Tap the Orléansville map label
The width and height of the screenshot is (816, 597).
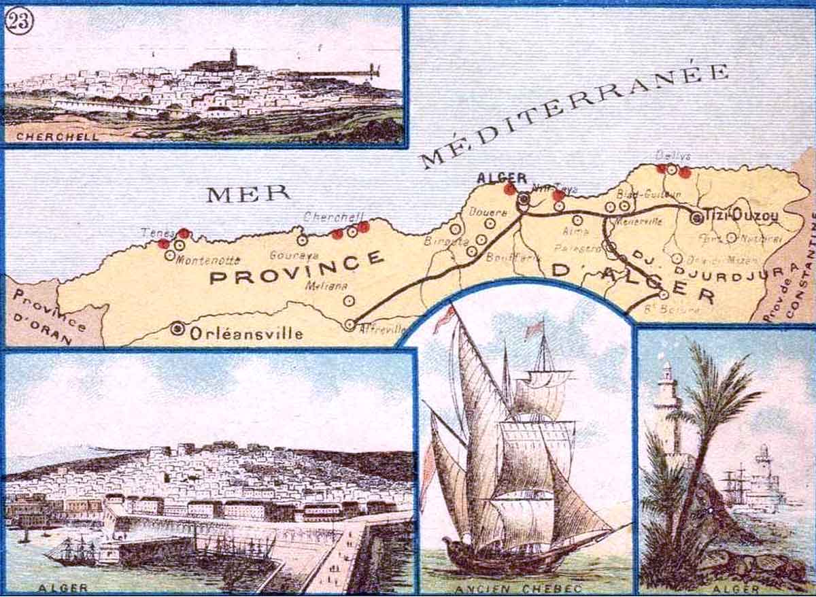246,333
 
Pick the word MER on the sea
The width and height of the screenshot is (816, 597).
248,194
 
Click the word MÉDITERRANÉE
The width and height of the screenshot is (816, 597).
575,114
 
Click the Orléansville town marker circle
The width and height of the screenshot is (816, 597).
178,329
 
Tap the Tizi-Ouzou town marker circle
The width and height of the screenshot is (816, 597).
696,218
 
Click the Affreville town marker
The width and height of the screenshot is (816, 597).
350,325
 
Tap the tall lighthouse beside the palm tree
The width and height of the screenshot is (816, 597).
668,408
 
